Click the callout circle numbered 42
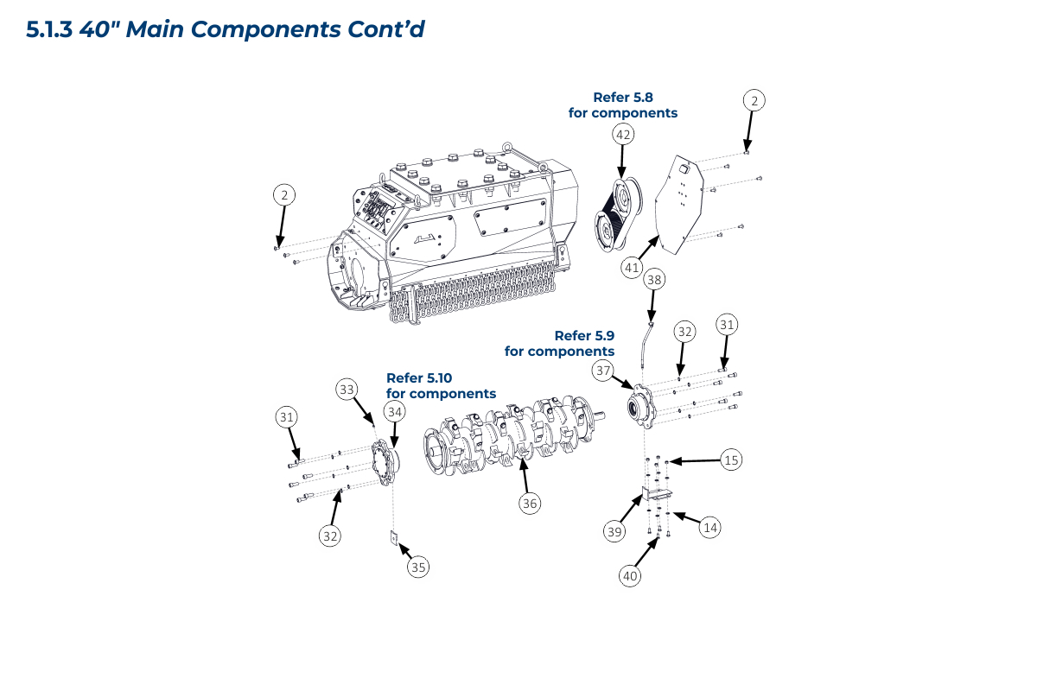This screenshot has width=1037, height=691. point(623,135)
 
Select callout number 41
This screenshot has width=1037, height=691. point(632,268)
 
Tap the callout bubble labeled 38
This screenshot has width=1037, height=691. point(655,280)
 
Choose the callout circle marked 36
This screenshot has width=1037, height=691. point(530,502)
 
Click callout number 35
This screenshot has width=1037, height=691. point(418,567)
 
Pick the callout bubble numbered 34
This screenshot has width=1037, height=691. point(395,413)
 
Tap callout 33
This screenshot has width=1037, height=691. point(347,390)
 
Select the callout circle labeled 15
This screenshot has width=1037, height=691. point(732,460)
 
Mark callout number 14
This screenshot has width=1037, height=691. point(709,527)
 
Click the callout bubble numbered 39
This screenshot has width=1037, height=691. point(614,532)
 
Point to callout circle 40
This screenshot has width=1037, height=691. point(631,574)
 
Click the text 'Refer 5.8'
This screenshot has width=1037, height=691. point(622,98)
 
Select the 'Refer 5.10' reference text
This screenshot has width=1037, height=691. point(419,378)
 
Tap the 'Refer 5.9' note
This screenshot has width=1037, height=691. point(584,336)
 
